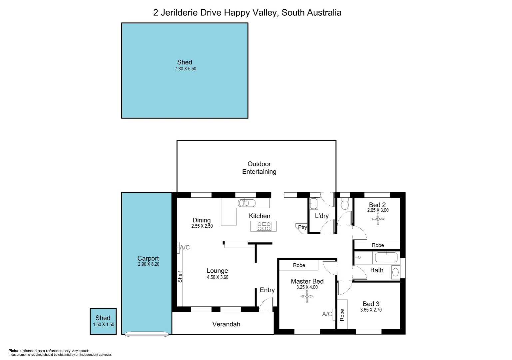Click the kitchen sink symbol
click(x=246, y=203)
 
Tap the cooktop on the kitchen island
click(x=264, y=226)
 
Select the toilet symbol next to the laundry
click(x=345, y=204)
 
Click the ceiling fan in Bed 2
click(x=378, y=219)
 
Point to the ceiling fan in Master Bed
click(x=307, y=296)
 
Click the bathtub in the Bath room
click(x=386, y=257)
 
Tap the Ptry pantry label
click(x=302, y=227)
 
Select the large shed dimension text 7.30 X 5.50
click(x=185, y=69)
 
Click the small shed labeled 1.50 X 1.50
click(x=103, y=321)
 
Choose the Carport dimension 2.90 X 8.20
click(x=149, y=264)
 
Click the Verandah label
click(x=226, y=324)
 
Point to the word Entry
click(x=267, y=290)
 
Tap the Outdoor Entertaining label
click(x=259, y=168)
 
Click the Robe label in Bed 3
click(x=342, y=315)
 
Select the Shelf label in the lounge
click(x=180, y=276)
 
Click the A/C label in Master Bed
click(x=327, y=314)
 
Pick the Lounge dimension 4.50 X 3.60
click(x=218, y=277)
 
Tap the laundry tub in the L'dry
click(x=313, y=203)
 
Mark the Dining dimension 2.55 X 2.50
click(x=202, y=226)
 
